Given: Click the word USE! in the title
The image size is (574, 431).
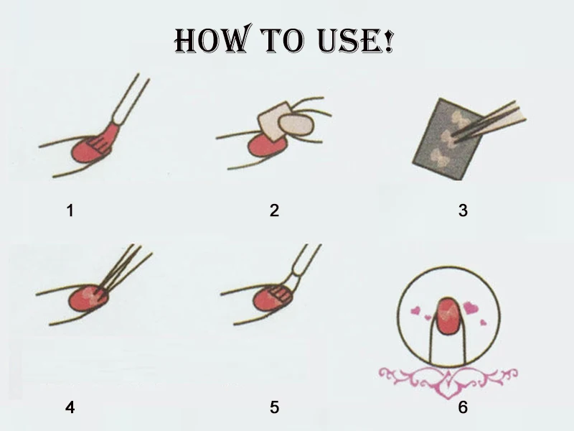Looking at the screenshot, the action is coord(355,40).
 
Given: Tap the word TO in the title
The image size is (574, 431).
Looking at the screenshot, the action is coord(282,40).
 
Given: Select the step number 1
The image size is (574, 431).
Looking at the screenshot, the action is coord(70,210).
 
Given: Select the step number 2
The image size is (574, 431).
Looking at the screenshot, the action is coord(275,210).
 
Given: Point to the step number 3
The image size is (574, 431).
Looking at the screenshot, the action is coord(463,210).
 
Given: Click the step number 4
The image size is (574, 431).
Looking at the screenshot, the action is coord(70,407).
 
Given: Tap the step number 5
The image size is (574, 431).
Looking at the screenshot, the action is coord(275,407).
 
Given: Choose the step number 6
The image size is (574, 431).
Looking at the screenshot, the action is coord(463,407).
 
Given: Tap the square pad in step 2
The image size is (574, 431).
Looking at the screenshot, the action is coord(274,121).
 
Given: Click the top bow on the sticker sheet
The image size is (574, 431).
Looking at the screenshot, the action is coord(459,119).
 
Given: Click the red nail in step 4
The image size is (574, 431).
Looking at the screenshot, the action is coord(88,298).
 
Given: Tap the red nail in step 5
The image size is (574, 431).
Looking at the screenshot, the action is coord(273,297).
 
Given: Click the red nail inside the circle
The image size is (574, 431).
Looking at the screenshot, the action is coord(448,316).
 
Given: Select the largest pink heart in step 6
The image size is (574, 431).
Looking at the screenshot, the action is coord(471,307).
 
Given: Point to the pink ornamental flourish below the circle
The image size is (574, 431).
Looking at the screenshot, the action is coord(448,381).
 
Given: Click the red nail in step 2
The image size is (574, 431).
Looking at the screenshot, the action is coord(266,145).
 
